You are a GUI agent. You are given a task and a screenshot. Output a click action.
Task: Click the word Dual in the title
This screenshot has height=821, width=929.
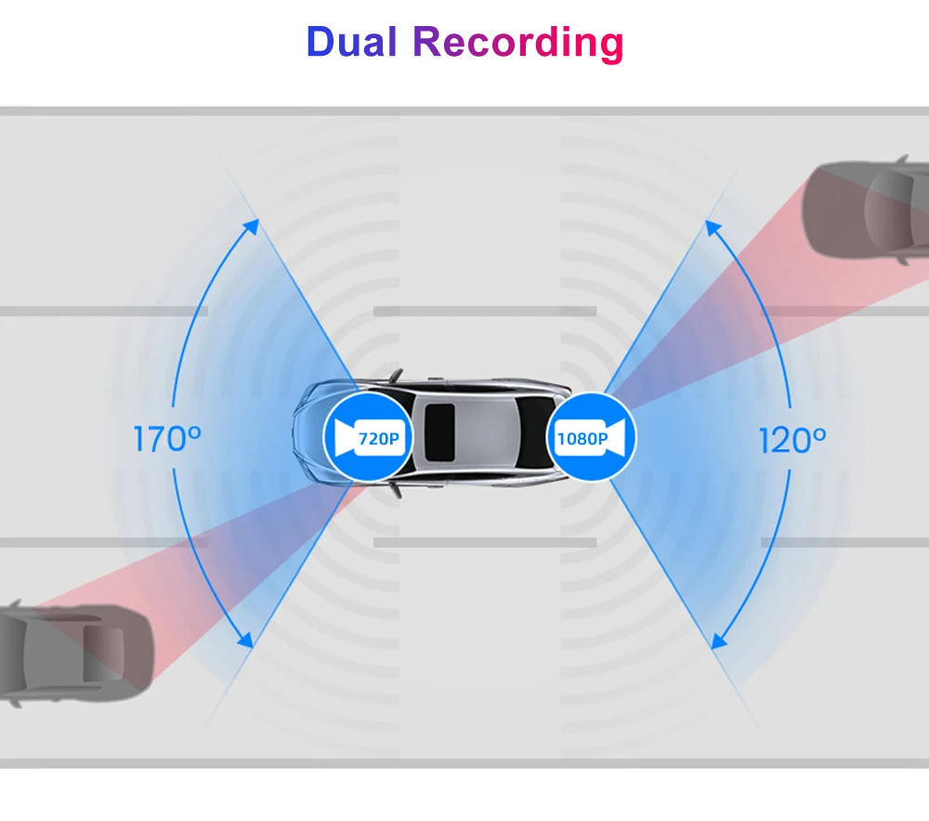353,42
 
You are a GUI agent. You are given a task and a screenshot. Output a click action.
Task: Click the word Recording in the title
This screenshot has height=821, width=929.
517,44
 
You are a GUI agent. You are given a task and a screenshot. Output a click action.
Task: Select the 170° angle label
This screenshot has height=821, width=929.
167,439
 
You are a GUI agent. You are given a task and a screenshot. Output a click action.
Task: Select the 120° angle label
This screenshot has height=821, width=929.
792,439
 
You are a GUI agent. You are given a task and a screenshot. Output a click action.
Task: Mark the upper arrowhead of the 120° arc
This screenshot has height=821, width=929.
712,226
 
